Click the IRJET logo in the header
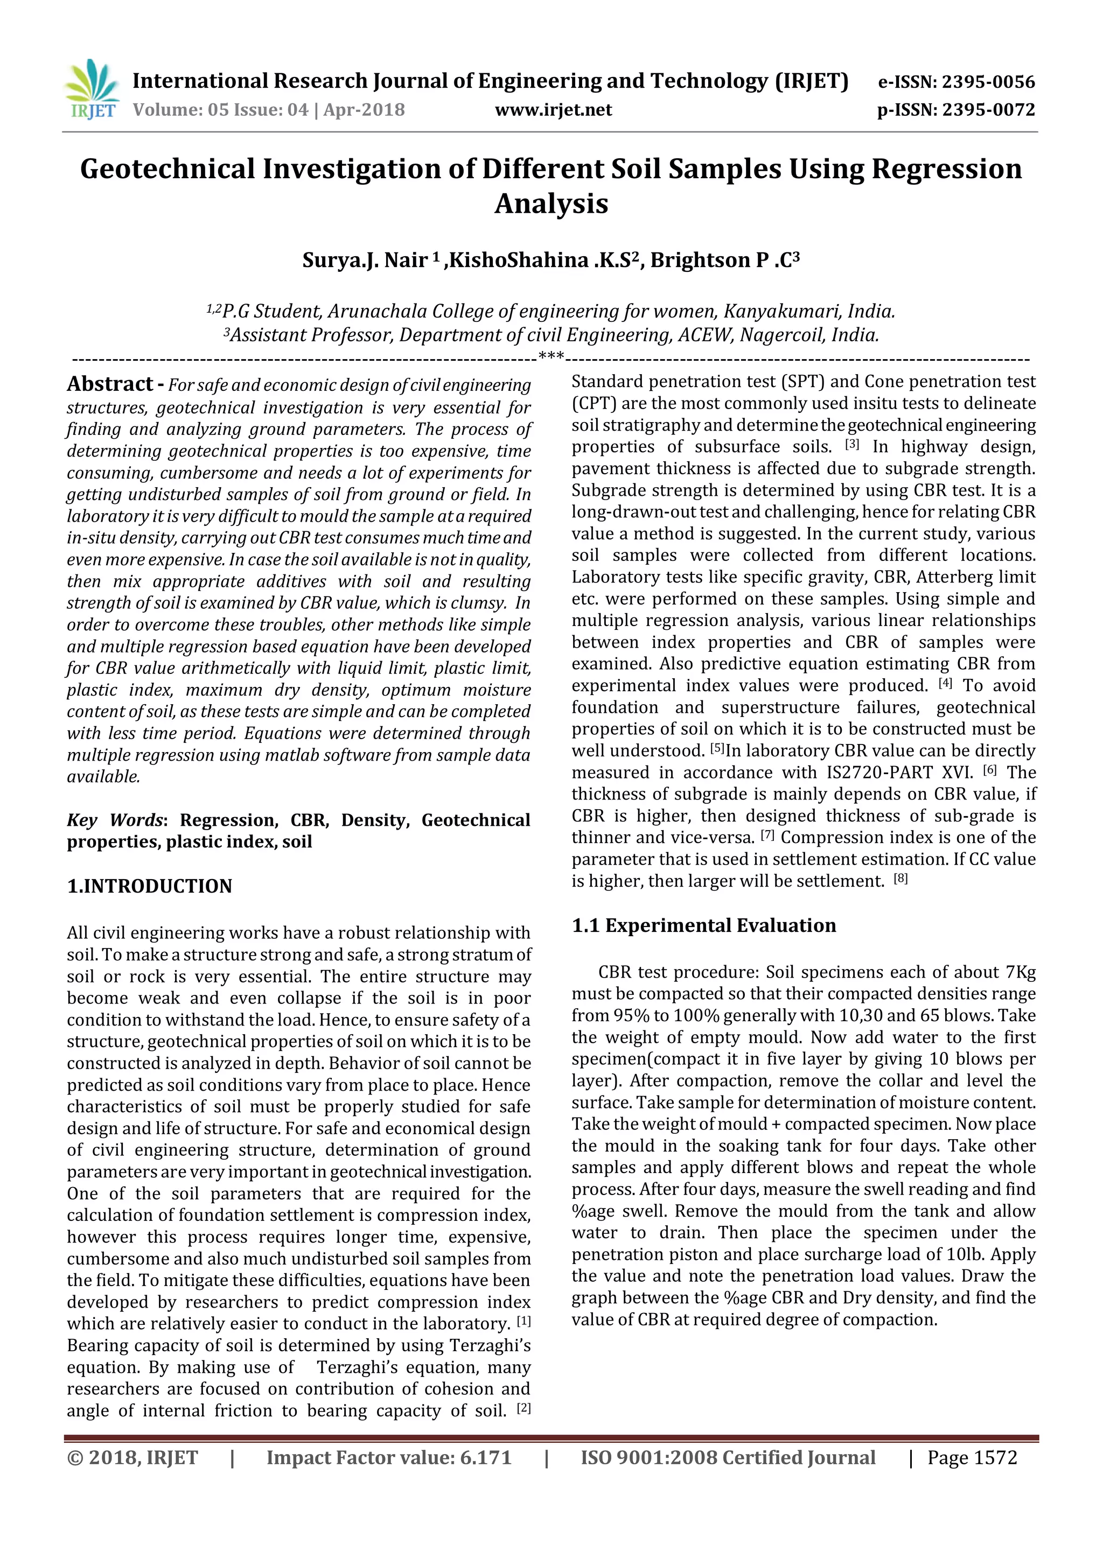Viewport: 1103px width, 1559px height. pos(92,89)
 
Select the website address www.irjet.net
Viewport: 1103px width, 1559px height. pos(553,109)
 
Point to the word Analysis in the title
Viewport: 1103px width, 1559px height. pos(551,203)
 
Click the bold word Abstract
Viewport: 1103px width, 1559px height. pos(110,384)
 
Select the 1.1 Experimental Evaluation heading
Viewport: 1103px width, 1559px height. pos(703,925)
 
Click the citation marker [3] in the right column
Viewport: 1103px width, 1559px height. pos(851,445)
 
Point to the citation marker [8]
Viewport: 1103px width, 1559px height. pos(900,879)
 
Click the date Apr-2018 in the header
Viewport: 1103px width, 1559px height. pos(364,109)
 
